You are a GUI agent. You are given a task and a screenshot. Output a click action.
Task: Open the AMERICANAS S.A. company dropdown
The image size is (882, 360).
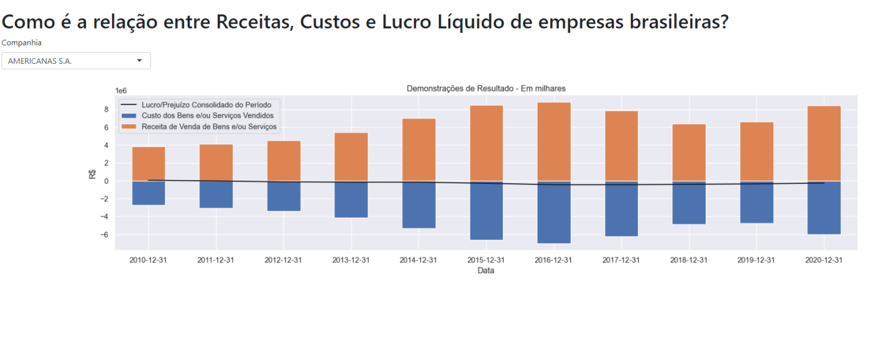point(76,61)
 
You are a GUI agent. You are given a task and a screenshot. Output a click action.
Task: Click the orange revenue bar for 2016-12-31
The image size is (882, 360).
point(554,142)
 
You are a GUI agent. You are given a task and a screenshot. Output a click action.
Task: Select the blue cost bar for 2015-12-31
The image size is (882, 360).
point(486,210)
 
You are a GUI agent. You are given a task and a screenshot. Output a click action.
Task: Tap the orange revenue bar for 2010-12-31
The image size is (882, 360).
point(149,164)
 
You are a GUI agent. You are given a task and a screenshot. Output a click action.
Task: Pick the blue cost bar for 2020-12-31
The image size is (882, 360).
point(824,207)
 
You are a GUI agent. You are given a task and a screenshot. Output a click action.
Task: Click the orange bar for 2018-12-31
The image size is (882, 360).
point(689,153)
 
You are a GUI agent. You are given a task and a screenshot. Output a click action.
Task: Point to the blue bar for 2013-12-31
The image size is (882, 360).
point(351,199)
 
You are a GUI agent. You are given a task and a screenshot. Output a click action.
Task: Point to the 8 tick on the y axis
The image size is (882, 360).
point(107,110)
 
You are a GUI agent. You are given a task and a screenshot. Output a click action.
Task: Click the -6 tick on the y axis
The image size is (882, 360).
point(105,235)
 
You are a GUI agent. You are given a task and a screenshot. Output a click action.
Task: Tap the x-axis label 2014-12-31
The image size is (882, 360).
point(418,260)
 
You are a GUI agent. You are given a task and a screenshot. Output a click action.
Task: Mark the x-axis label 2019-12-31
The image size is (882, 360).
point(756,260)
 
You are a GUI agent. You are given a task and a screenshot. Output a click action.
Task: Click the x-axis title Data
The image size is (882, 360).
point(486,271)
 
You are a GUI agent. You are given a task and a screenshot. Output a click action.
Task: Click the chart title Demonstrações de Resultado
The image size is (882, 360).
point(486,88)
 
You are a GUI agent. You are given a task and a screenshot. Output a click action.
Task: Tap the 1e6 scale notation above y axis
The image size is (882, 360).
point(121,91)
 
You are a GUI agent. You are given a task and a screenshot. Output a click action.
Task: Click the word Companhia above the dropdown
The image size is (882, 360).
point(22,42)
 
